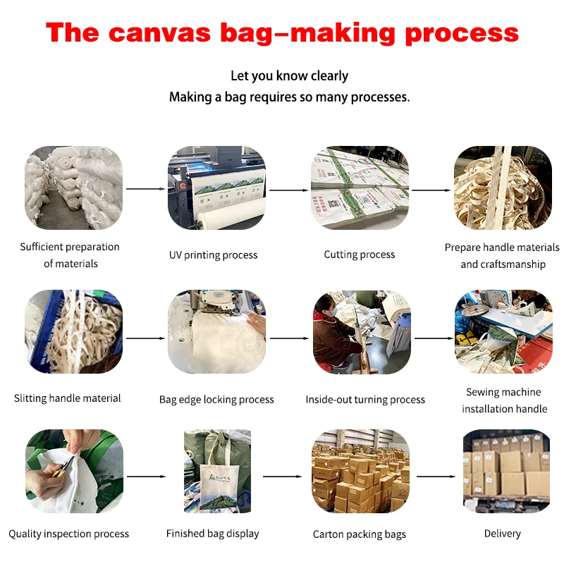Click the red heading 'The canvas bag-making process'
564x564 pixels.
pos(282,33)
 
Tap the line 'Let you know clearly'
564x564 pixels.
pos(289,75)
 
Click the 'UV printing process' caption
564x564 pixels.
pos(213,255)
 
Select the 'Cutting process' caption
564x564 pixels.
pos(360,255)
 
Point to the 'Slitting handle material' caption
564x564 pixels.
pos(68,398)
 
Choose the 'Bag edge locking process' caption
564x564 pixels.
pos(216,400)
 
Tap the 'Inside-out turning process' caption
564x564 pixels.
pos(365,400)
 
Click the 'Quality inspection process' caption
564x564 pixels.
pos(69,534)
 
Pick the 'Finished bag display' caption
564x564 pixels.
pos(213,534)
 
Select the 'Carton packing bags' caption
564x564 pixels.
pos(360,534)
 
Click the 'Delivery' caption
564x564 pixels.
pos(503,534)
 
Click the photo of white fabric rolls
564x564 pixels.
pos(73,188)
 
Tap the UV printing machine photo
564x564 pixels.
pos(216,188)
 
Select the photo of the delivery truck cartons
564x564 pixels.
pos(506,471)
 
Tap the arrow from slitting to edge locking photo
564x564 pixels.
pos(145,338)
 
